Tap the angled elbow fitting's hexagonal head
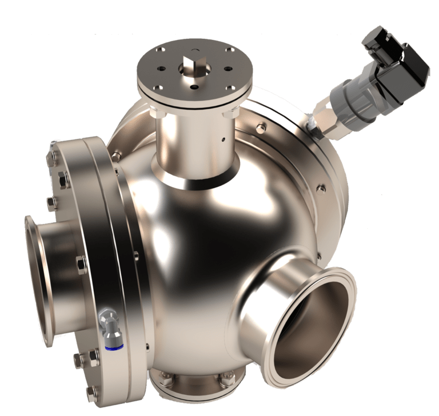106,315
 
